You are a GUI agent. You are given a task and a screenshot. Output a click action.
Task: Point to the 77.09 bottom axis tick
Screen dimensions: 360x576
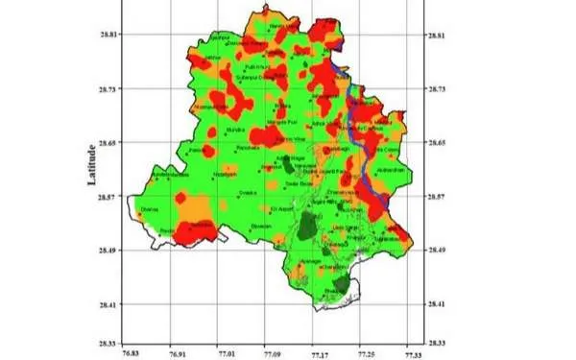[266, 352]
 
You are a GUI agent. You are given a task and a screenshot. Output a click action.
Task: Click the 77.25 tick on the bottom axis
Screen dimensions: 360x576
[364, 352]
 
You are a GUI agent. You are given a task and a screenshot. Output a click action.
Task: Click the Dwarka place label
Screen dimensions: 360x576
[247, 192]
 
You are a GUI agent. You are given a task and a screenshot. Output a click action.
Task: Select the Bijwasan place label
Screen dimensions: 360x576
[260, 226]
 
